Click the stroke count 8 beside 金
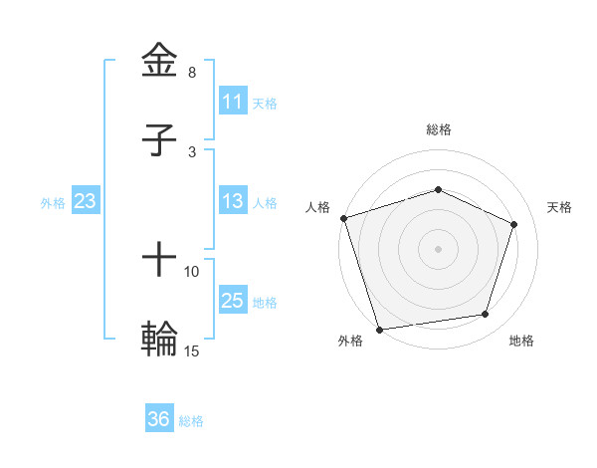click(x=192, y=73)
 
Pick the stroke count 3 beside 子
click(x=192, y=151)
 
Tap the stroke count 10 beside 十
click(x=192, y=271)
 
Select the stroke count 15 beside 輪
click(x=192, y=351)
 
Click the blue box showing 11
click(x=233, y=102)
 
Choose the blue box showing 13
click(x=233, y=201)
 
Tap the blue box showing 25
click(x=233, y=301)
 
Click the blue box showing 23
click(x=86, y=201)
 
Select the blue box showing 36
click(x=159, y=419)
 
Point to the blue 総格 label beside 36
click(x=191, y=421)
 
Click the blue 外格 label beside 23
click(x=53, y=203)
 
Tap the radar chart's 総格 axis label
click(x=438, y=129)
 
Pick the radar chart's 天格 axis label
click(x=560, y=207)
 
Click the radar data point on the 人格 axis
click(x=343, y=218)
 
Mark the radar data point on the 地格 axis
click(x=486, y=315)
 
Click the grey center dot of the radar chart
click(x=438, y=248)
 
